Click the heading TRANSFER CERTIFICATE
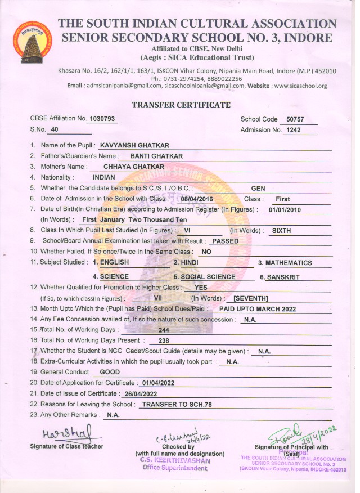[x=181, y=105]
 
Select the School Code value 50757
[x=295, y=119]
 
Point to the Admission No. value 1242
[x=294, y=131]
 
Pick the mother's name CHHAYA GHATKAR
[x=134, y=167]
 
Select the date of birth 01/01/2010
[x=286, y=210]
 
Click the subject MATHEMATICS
[x=289, y=263]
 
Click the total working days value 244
[x=164, y=330]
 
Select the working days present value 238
[x=164, y=340]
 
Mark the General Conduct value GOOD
[x=109, y=372]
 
